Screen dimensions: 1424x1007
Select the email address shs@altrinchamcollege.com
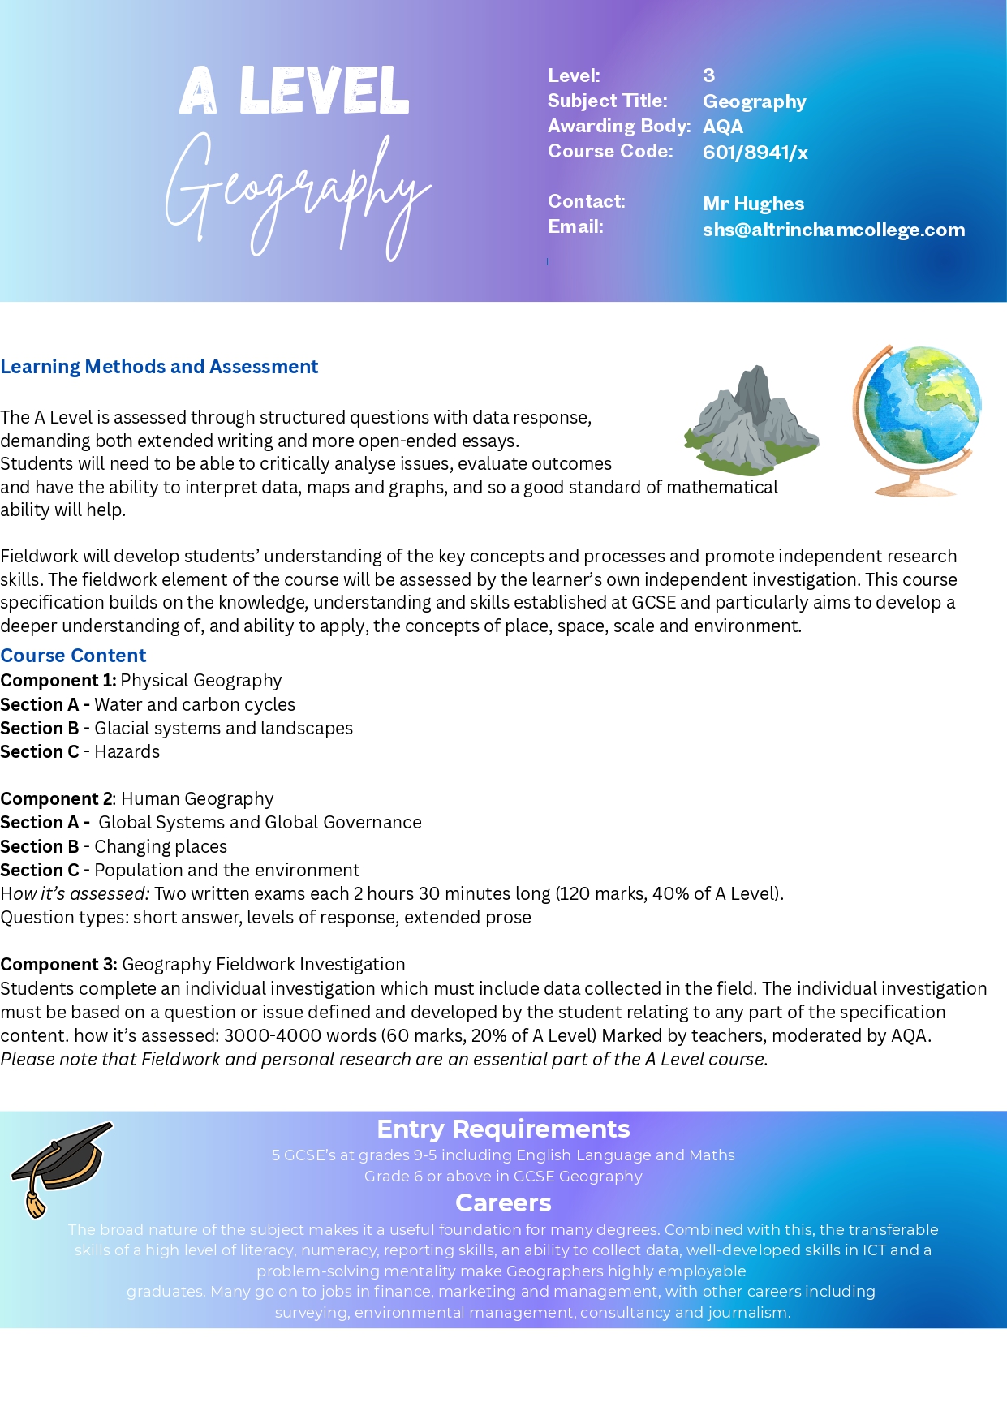pos(833,230)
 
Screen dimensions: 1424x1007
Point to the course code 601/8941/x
pos(755,153)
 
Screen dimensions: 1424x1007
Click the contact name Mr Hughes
pos(753,204)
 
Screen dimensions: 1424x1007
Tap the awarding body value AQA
pos(722,127)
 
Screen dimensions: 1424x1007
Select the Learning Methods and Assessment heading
pos(159,367)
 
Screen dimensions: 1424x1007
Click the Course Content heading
pos(73,656)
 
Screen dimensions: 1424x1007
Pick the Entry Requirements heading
pos(503,1129)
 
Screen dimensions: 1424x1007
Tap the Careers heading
pos(503,1202)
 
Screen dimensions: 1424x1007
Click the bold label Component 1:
pos(58,680)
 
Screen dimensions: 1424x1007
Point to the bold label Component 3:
pos(58,964)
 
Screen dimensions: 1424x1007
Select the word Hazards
pos(127,752)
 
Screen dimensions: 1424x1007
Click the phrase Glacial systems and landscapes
pos(223,729)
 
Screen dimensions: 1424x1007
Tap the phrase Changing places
pos(161,846)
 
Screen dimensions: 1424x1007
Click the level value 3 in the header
pos(708,75)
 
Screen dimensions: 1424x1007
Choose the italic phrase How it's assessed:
pos(75,894)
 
